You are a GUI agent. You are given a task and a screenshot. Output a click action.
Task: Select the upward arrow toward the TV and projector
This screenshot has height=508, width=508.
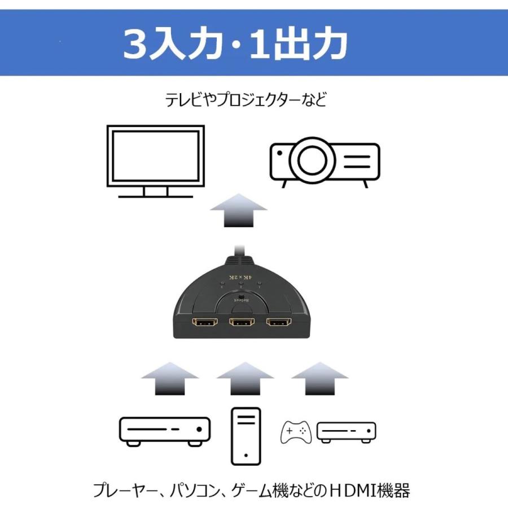point(238,209)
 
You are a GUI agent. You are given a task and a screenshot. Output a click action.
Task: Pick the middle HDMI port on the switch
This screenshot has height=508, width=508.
point(241,326)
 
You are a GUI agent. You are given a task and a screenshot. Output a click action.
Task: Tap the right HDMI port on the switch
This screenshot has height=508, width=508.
point(279,325)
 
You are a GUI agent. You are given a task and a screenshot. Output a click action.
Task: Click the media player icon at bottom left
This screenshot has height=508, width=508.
point(164,431)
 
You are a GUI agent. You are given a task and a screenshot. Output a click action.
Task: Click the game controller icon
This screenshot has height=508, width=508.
point(296,432)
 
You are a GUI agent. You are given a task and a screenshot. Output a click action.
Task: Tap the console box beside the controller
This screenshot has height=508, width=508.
point(346,432)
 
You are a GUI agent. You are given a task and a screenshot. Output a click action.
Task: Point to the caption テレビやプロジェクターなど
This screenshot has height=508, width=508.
point(246,100)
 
